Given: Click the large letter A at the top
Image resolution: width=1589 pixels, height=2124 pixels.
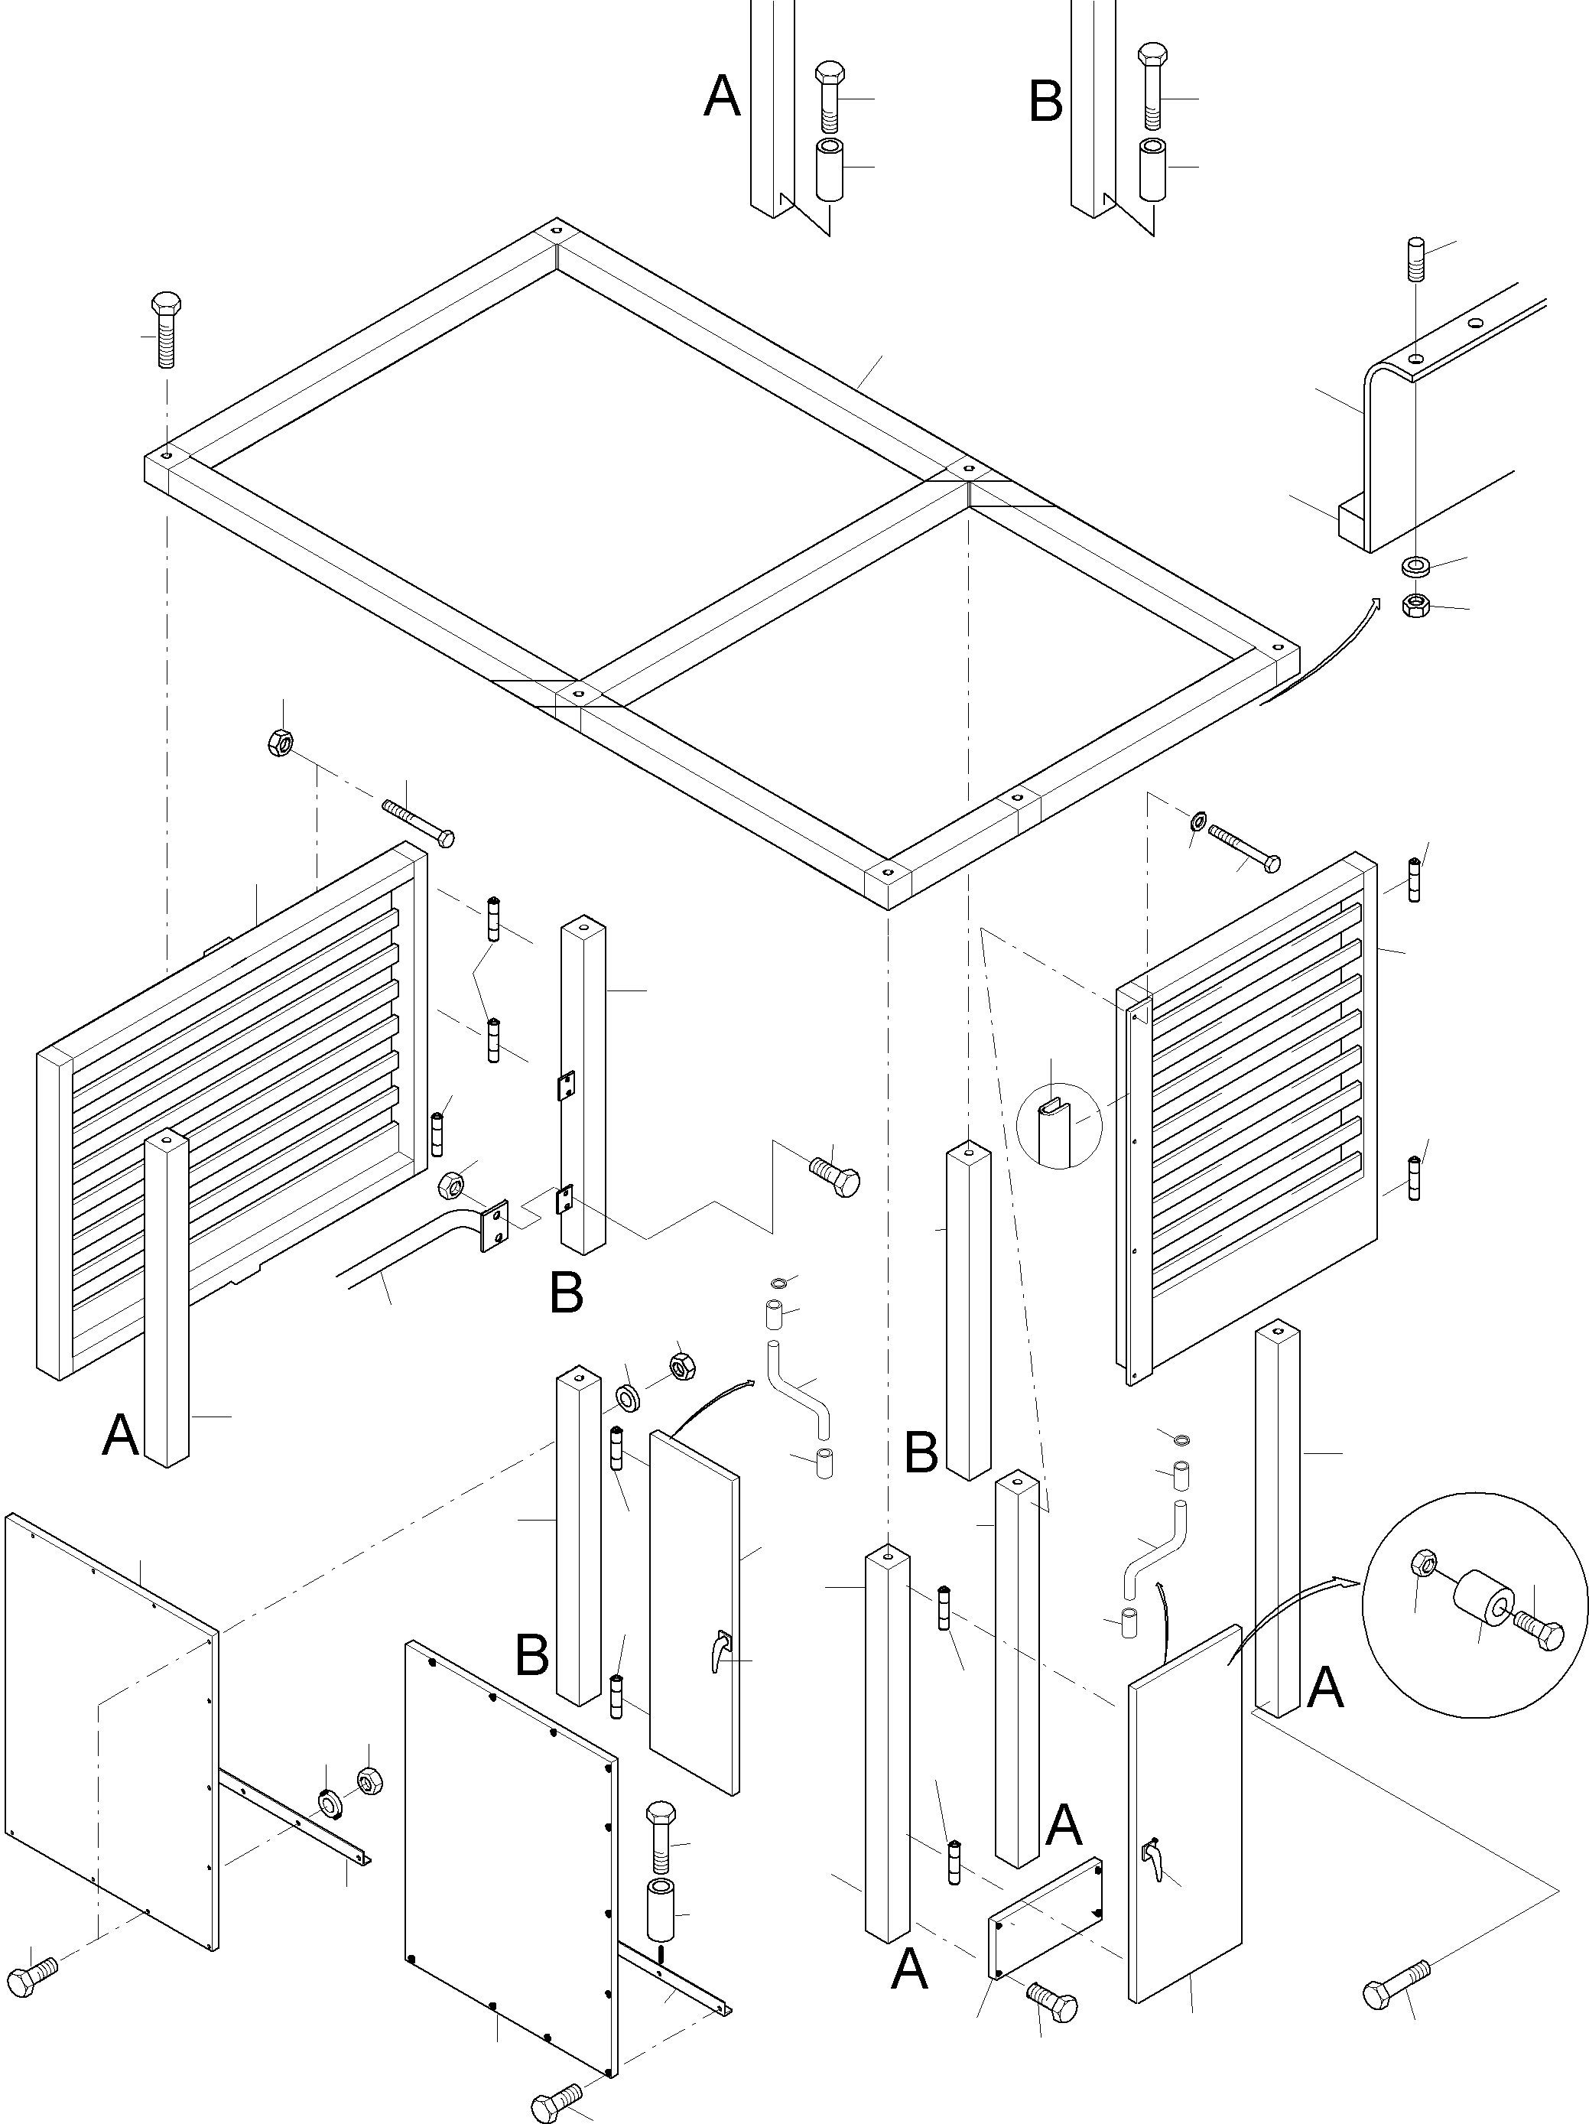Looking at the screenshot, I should pyautogui.click(x=722, y=98).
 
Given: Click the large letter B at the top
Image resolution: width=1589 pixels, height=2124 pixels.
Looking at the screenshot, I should pyautogui.click(x=1045, y=102).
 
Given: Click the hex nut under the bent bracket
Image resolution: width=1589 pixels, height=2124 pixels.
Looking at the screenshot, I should pyautogui.click(x=1414, y=605).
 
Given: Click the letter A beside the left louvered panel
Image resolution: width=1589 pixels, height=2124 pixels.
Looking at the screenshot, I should pyautogui.click(x=120, y=1436).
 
